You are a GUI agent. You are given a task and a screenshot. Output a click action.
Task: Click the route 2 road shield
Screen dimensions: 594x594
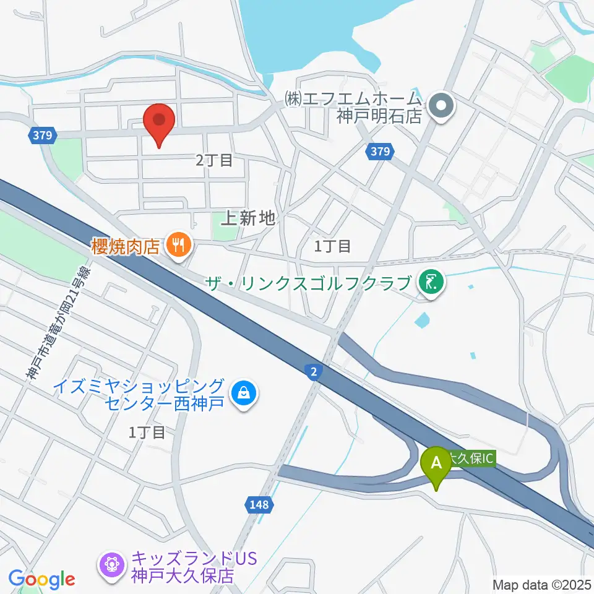[x=314, y=371]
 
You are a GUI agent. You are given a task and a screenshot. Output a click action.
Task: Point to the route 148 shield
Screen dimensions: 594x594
[x=260, y=505]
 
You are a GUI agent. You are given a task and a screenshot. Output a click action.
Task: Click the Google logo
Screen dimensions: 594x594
[x=41, y=579]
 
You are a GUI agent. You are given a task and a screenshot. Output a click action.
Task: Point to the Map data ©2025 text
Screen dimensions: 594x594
[x=542, y=584]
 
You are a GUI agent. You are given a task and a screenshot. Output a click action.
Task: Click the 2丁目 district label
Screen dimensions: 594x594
[x=214, y=160]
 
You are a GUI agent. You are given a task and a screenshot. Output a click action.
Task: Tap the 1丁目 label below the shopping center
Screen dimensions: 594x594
[x=147, y=432]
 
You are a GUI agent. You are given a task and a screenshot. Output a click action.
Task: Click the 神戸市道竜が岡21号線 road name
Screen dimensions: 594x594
[x=59, y=322]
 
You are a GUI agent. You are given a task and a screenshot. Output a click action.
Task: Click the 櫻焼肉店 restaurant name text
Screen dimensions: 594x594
[x=126, y=246]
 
